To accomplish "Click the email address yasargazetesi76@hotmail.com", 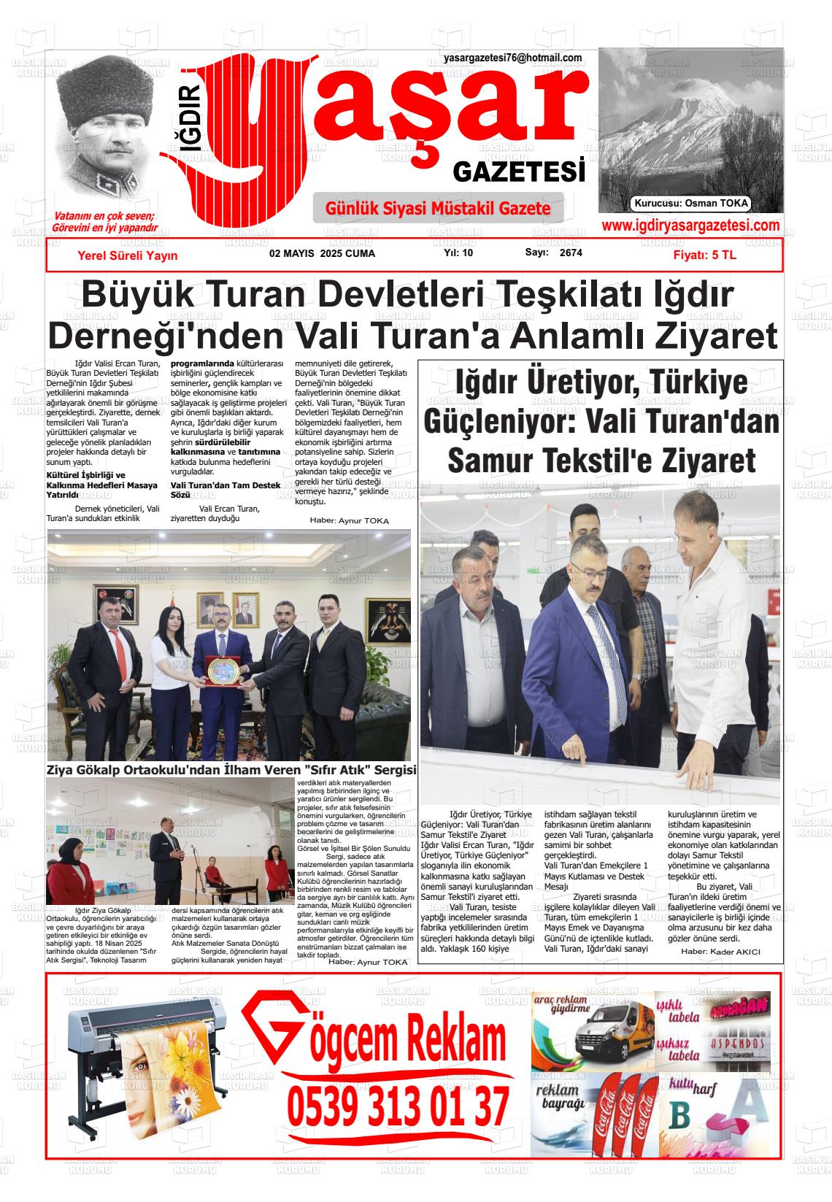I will pos(512,58).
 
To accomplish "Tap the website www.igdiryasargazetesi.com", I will pos(690,226).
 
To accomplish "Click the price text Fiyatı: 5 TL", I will pos(704,255).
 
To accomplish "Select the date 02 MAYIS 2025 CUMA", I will pos(322,253).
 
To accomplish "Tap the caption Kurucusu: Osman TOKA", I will pos(691,204).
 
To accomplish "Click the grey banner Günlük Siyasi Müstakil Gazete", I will pos(438,209).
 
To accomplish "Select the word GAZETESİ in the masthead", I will pos(519,173).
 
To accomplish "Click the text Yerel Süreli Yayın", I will pos(127,255).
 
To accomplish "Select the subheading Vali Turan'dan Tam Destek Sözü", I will pos(225,490).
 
